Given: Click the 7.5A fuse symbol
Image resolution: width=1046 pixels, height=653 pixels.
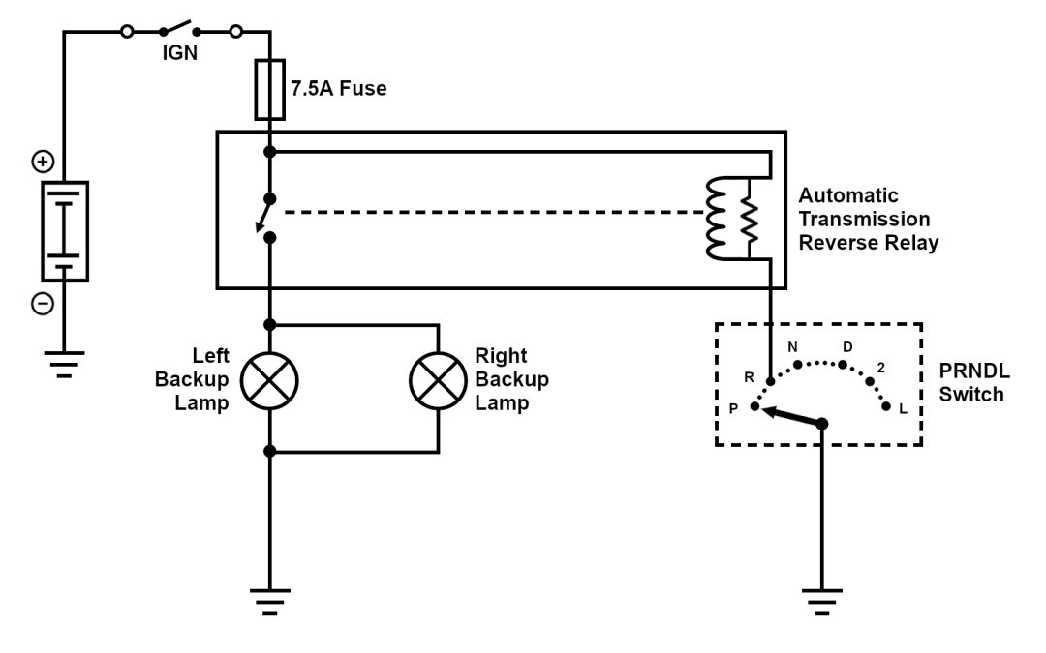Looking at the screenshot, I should point(269,90).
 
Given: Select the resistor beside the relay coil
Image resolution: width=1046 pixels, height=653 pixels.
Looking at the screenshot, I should point(749,219).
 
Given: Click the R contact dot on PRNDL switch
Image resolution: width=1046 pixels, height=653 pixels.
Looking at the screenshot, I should point(770,380).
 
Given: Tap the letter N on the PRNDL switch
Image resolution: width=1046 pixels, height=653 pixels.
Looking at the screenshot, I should point(793,347).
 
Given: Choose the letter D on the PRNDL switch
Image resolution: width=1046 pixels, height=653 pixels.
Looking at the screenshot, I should point(847,346).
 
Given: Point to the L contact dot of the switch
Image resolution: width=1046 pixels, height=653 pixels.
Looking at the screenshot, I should point(886,407).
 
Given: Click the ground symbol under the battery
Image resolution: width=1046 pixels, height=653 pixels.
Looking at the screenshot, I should point(64,362).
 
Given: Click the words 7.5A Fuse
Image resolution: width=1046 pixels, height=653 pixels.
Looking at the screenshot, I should point(338,89).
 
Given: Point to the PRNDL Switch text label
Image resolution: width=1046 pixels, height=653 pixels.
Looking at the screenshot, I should point(971,383).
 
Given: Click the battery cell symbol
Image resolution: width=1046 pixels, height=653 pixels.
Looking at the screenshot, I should point(64,231).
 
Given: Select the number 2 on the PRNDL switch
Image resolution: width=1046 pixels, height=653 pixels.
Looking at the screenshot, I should point(880,368).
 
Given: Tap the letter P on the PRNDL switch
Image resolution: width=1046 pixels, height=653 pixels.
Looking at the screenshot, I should point(734,407).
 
